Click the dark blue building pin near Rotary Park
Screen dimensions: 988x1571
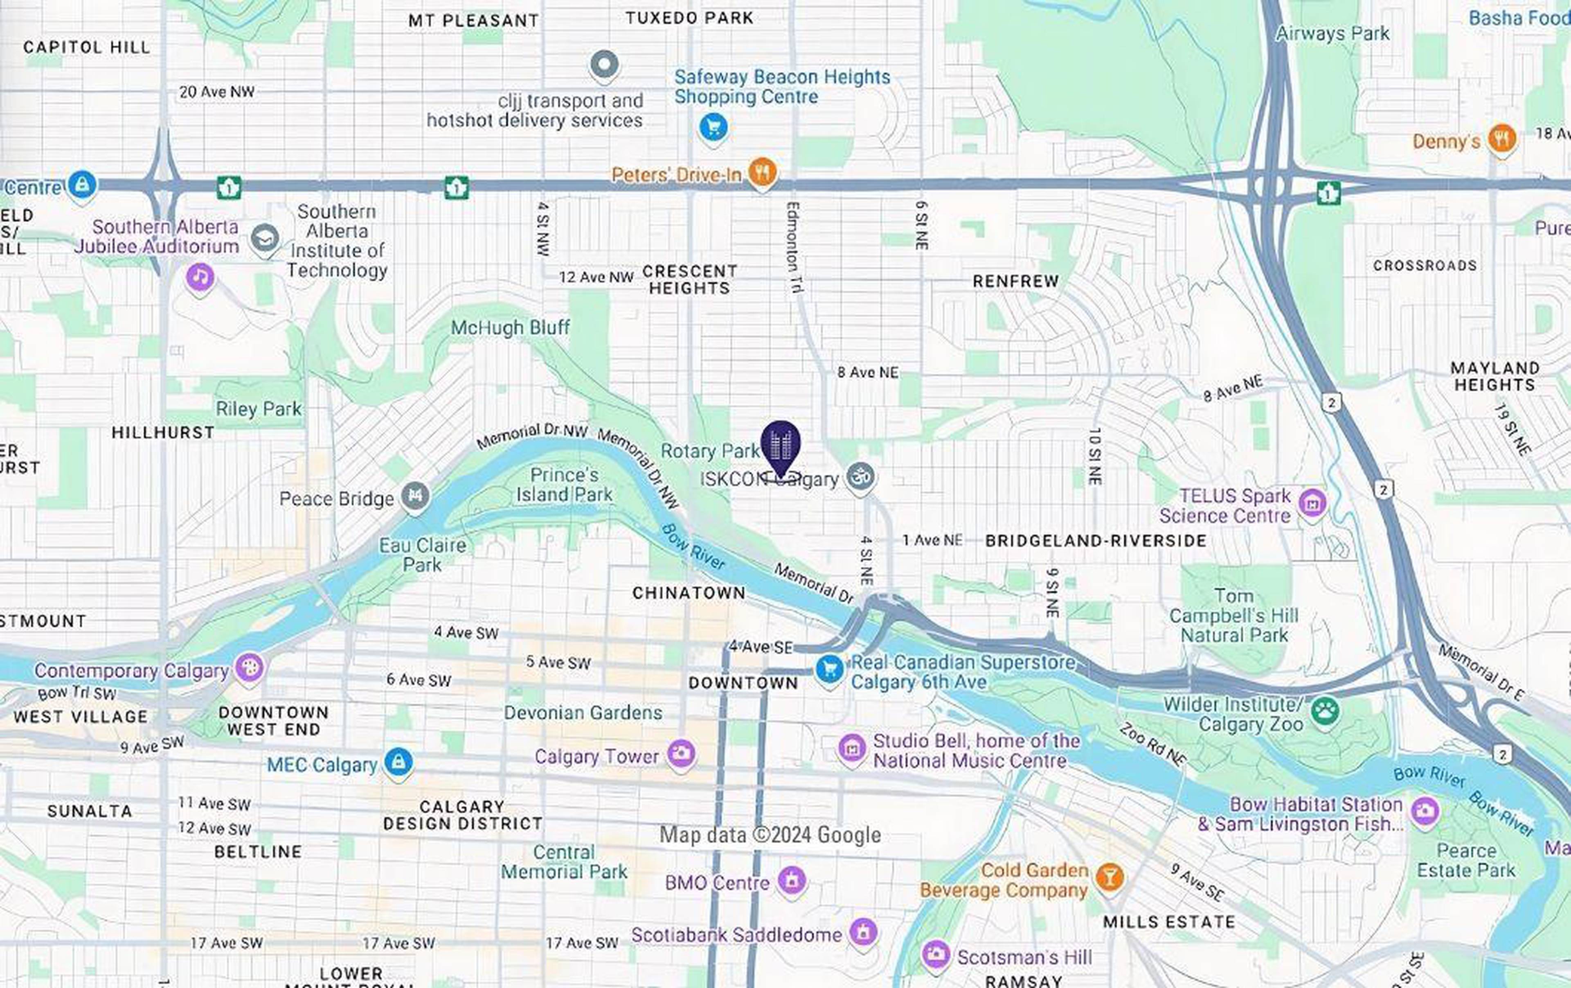(780, 446)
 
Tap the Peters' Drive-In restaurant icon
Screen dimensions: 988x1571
(761, 172)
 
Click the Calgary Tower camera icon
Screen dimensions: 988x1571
(681, 754)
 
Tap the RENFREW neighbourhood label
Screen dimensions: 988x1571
(1015, 281)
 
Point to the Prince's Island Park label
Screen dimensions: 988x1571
(564, 485)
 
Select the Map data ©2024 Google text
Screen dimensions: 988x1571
(770, 835)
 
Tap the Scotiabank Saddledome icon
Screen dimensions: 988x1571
(862, 932)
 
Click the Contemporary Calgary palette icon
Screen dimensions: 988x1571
(249, 667)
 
